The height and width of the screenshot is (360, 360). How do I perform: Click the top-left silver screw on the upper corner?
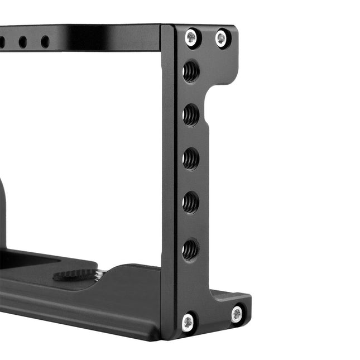(191, 37)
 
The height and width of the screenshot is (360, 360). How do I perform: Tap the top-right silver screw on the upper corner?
(222, 38)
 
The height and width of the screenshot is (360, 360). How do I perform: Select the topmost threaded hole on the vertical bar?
(191, 71)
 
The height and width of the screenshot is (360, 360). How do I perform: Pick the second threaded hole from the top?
(191, 115)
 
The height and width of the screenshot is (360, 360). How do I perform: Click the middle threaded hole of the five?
(191, 159)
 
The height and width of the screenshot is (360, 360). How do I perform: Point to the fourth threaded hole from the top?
(191, 202)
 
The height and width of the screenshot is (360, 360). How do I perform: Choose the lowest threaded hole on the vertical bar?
(190, 249)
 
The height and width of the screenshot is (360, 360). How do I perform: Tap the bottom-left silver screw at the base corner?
(188, 321)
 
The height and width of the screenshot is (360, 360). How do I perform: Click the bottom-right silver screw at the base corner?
(237, 314)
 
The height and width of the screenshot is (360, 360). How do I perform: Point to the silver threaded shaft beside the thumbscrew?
(100, 273)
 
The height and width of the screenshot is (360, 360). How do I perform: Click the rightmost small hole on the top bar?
(45, 42)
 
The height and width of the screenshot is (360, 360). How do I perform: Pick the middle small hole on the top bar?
(22, 42)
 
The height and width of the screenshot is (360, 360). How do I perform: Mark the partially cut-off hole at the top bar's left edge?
(2, 42)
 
